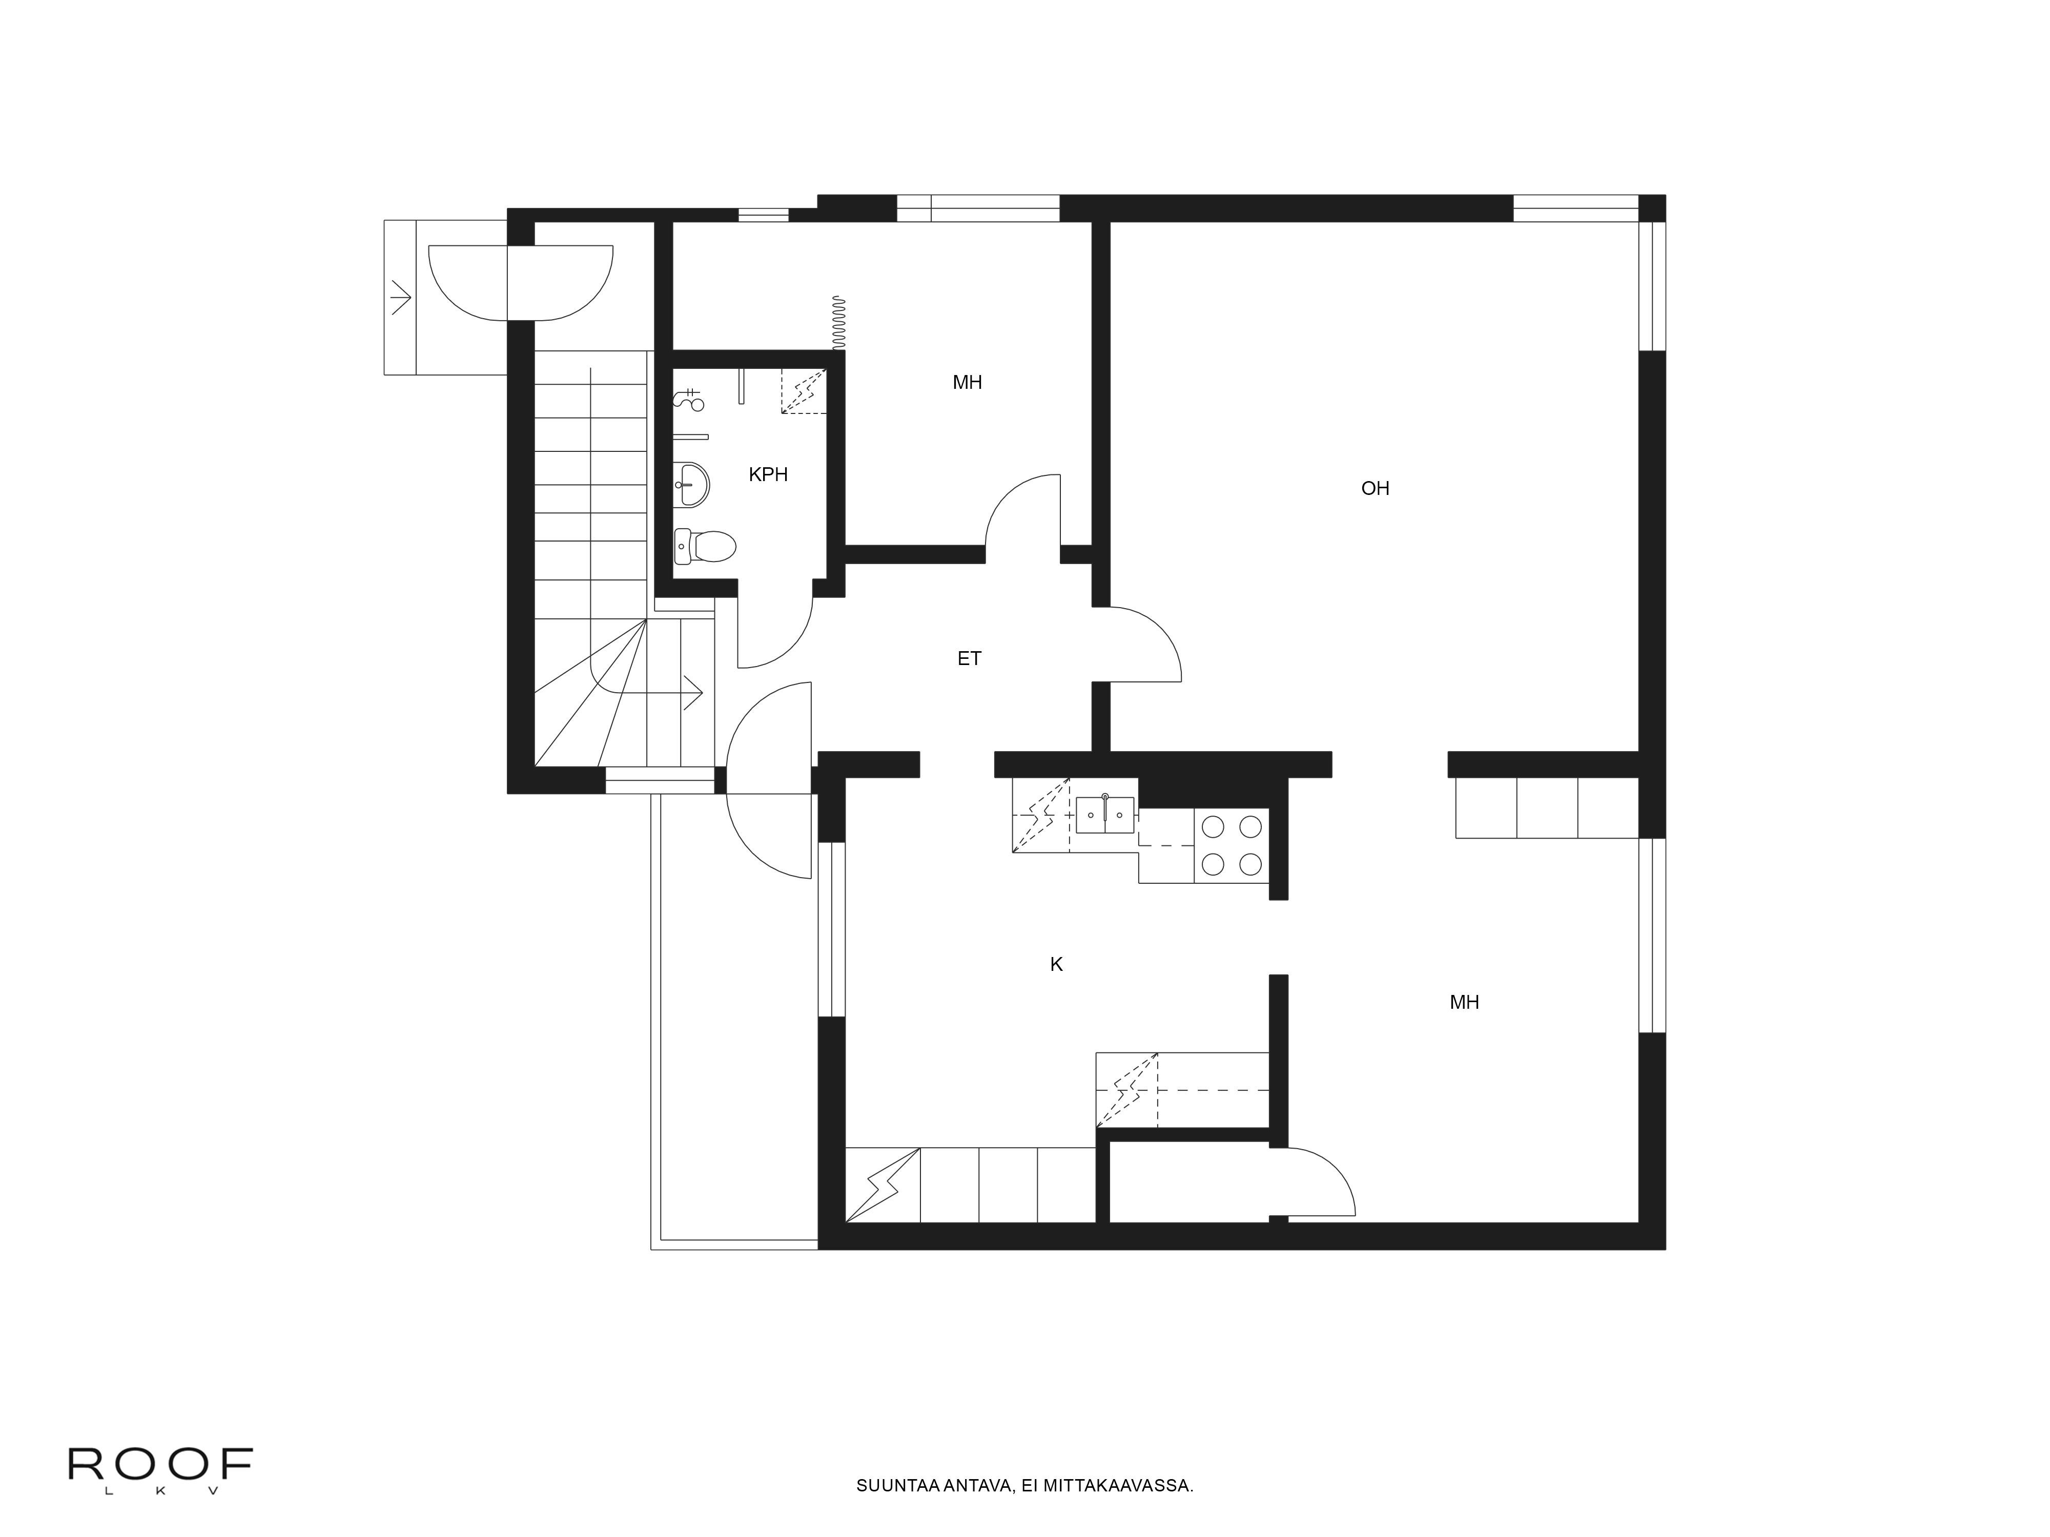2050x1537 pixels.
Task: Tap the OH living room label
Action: click(x=1376, y=488)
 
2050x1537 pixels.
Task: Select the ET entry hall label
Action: click(x=970, y=659)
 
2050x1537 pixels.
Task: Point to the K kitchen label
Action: click(x=1056, y=964)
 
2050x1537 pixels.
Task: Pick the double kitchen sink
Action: click(x=1105, y=815)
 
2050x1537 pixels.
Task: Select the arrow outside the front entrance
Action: click(x=400, y=297)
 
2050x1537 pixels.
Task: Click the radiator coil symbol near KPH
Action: click(x=839, y=322)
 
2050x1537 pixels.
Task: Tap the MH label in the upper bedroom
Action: click(x=968, y=383)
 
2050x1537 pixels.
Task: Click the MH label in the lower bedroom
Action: click(x=1464, y=1003)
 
